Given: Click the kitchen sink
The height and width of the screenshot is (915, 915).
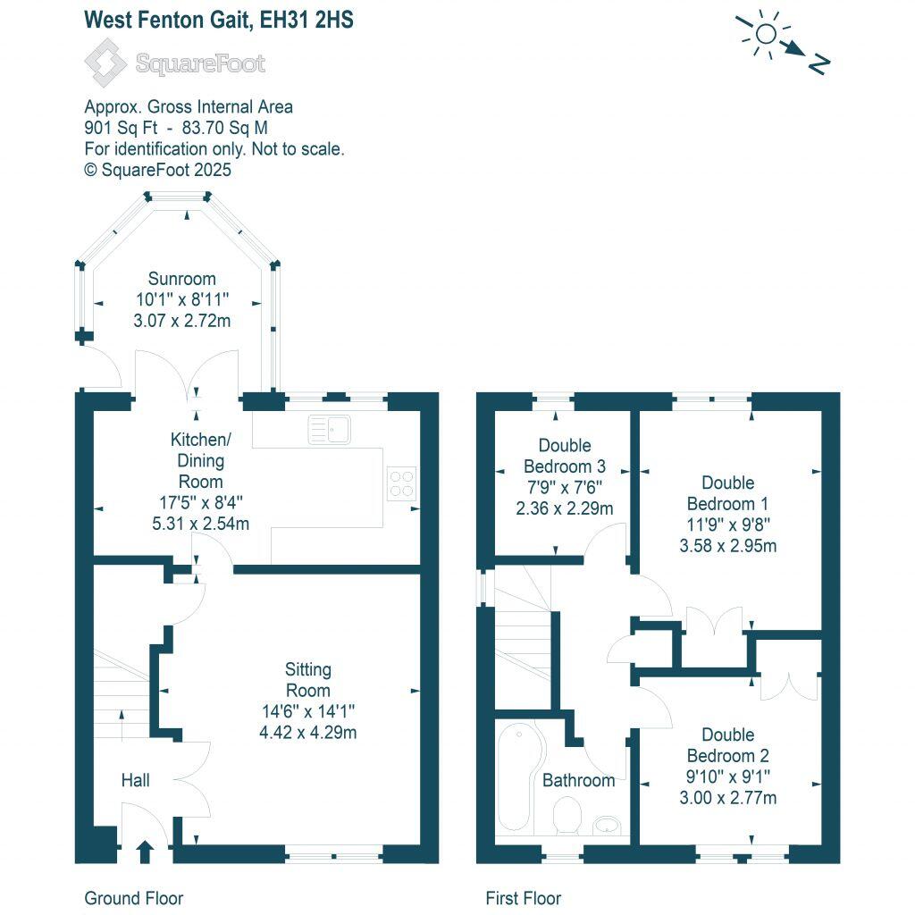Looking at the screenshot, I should (330, 430).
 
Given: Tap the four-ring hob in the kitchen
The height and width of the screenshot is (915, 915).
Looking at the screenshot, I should (400, 483).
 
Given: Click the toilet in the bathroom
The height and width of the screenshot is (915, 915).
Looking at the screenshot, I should (567, 815).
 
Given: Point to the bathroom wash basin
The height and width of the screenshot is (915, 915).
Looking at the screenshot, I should (607, 823).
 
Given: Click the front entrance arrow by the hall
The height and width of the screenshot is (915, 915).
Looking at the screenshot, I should (145, 851).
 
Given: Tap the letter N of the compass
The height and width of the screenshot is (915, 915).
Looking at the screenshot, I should (818, 63).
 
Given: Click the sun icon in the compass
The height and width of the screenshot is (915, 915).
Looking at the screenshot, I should (765, 35).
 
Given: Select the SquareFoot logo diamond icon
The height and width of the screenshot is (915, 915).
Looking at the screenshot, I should (105, 63).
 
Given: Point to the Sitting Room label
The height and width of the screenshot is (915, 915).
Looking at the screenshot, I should (307, 679).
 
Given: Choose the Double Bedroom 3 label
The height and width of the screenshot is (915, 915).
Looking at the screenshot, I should (564, 456).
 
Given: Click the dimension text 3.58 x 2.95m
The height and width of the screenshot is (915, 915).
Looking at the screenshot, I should (728, 545).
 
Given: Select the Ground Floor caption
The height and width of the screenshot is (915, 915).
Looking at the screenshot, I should (133, 898).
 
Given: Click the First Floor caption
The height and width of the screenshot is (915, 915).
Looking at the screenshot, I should (523, 898).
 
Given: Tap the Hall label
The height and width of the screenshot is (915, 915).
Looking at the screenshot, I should (135, 781).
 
